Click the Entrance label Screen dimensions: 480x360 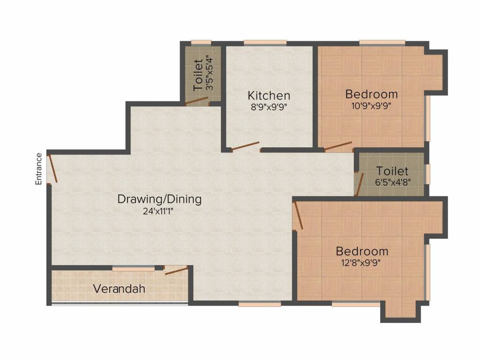(38, 169)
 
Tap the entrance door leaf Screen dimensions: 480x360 (52, 169)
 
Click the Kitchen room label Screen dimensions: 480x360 (269, 96)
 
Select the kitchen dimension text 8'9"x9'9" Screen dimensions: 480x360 (269, 107)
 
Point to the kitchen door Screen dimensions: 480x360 (245, 147)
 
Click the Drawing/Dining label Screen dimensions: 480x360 (159, 199)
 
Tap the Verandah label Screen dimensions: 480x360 (119, 289)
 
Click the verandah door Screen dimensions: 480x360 (176, 270)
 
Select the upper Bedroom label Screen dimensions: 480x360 (371, 94)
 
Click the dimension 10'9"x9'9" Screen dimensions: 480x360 (371, 106)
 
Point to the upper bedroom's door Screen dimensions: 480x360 (338, 147)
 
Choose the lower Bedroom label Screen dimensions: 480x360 (362, 251)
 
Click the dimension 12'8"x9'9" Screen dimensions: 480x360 (361, 263)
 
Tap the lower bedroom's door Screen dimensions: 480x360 (298, 216)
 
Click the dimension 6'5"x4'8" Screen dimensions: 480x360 (393, 182)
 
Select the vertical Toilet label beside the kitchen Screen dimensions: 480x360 (198, 75)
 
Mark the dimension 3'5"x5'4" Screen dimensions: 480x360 (210, 73)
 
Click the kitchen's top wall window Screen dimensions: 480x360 (265, 43)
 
